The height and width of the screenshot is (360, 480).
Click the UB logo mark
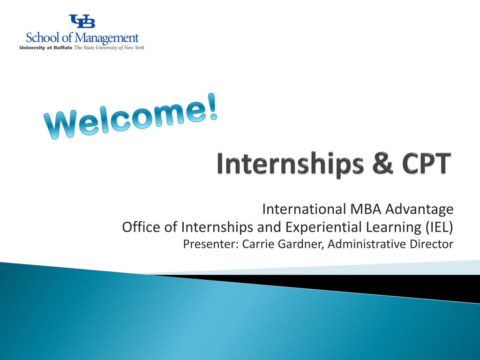(x=82, y=21)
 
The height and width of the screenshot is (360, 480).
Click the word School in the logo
(x=42, y=37)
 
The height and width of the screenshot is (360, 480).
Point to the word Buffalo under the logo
(x=63, y=48)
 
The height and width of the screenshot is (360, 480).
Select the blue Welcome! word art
(x=131, y=117)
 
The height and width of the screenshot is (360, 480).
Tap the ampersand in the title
(x=382, y=163)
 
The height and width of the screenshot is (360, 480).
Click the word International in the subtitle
(x=304, y=209)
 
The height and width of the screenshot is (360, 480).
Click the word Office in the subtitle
(x=141, y=227)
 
